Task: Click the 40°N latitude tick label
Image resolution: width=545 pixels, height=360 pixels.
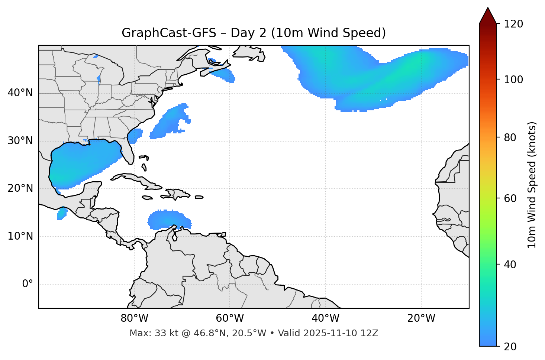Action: click(20, 93)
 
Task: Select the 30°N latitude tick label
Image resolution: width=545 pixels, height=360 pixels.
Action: click(20, 141)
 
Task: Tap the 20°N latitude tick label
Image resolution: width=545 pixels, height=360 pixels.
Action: click(20, 188)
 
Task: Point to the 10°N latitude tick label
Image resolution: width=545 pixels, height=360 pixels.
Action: click(20, 236)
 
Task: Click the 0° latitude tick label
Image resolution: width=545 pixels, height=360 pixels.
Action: click(28, 284)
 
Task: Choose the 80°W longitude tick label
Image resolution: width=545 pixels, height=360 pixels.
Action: click(134, 318)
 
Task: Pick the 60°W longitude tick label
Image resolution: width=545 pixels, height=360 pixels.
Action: click(230, 318)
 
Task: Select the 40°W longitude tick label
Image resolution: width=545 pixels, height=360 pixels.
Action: click(325, 318)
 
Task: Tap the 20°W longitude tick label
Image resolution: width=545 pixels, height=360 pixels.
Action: click(421, 318)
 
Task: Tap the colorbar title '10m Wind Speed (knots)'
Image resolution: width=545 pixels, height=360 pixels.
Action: click(532, 185)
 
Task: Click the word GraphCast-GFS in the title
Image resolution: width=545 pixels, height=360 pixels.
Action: click(169, 33)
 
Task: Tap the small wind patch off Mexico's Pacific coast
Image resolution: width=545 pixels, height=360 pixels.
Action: click(62, 214)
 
